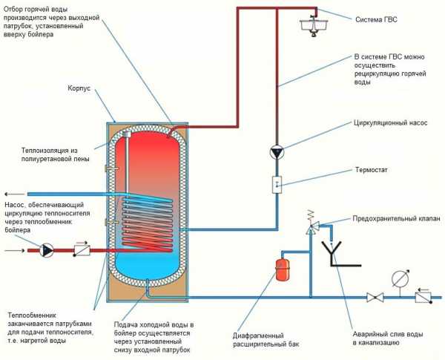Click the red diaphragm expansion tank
tap(283, 269)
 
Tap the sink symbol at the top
tap(314, 26)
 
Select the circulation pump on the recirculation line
tap(277, 153)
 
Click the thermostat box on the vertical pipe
tap(277, 185)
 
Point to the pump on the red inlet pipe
tap(47, 250)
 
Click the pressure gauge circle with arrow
tap(400, 278)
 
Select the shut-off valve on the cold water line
tap(375, 298)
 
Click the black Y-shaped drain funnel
tap(338, 254)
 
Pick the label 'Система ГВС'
tap(376, 19)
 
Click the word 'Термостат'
tap(372, 170)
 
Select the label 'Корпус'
tap(79, 88)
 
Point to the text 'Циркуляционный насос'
tap(391, 123)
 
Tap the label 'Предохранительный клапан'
tap(396, 218)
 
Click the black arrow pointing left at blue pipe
tap(15, 194)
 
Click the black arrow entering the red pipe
tap(15, 250)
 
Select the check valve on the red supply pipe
tap(82, 249)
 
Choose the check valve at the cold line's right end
tap(423, 296)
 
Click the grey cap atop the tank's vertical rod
tap(126, 134)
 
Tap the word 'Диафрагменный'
tap(258, 336)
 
